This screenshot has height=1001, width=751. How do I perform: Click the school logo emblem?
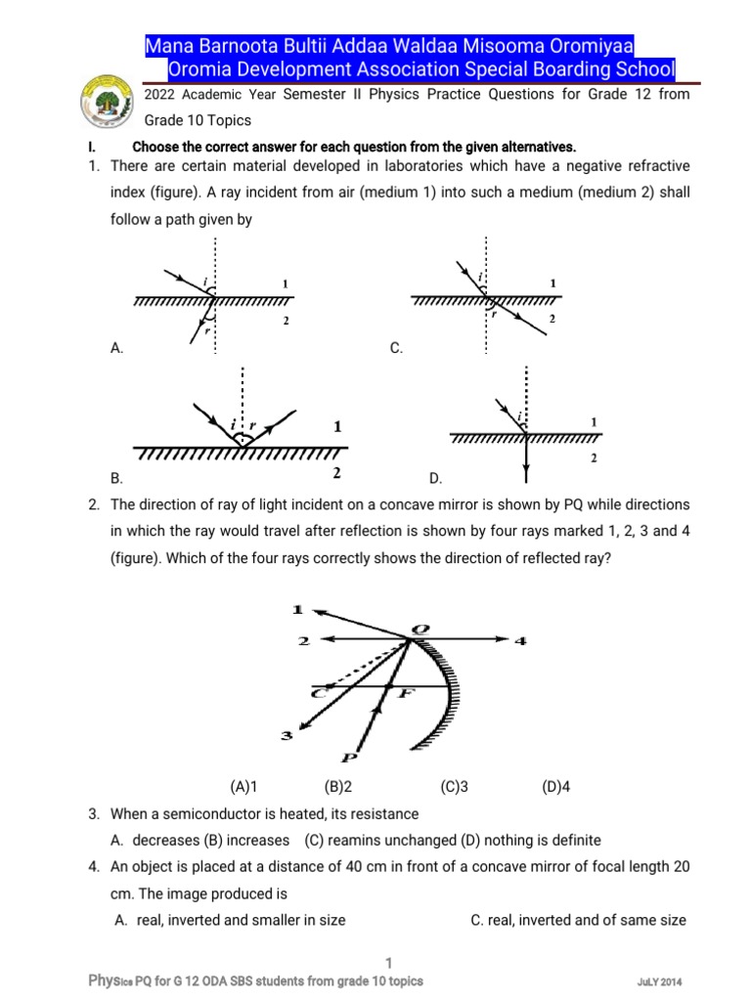point(107,103)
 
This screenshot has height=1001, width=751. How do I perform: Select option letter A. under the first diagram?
point(117,348)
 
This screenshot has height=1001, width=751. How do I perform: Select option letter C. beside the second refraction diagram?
point(396,348)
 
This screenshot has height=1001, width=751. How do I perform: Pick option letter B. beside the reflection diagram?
point(117,478)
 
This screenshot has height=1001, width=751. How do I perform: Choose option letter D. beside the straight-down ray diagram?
point(435,478)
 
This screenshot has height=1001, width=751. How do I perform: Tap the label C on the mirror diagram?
point(318,692)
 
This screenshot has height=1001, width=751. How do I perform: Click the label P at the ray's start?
point(349,757)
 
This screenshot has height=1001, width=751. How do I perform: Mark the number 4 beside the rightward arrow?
point(521,640)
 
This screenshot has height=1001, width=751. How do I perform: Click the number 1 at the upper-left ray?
point(297,609)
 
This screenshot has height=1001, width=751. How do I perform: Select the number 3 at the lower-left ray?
point(287,736)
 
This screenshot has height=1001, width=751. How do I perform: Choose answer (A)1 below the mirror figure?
point(243,786)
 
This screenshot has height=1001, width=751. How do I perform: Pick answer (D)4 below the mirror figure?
point(555,786)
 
